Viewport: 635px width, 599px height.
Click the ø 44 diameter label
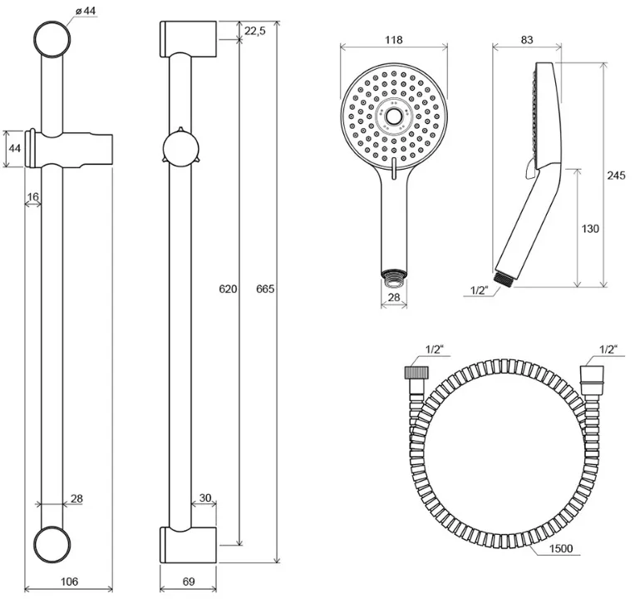pyautogui.click(x=85, y=11)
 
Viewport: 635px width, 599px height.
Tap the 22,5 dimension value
pyautogui.click(x=255, y=31)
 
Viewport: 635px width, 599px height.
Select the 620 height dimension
pyautogui.click(x=228, y=289)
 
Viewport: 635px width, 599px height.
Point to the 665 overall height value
pyautogui.click(x=265, y=289)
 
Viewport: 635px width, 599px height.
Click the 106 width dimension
pyautogui.click(x=69, y=582)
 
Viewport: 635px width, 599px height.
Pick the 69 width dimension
pyautogui.click(x=189, y=582)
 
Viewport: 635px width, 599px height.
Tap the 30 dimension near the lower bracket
pyautogui.click(x=205, y=498)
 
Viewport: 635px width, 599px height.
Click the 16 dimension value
pyautogui.click(x=32, y=197)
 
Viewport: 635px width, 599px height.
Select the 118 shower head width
pyautogui.click(x=394, y=40)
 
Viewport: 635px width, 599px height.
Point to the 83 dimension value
pyautogui.click(x=527, y=40)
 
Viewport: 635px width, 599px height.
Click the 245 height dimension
pyautogui.click(x=616, y=176)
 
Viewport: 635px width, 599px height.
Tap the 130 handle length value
pyautogui.click(x=590, y=229)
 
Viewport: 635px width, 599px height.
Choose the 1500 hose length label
pyautogui.click(x=561, y=549)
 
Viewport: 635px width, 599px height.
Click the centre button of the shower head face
pyautogui.click(x=393, y=116)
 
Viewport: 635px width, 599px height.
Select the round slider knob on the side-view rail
pyautogui.click(x=180, y=149)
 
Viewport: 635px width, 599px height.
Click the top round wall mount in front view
pyautogui.click(x=52, y=40)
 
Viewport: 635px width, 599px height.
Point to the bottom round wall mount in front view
pyautogui.click(x=52, y=545)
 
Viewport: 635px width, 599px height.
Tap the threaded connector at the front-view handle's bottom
pyautogui.click(x=394, y=274)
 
